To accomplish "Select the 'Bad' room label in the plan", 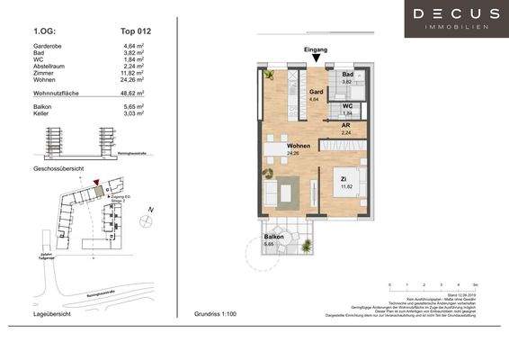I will coord(347,75).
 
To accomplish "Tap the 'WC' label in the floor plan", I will coord(347,106).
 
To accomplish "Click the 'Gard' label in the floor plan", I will coord(317,91).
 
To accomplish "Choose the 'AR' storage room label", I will coord(345,127).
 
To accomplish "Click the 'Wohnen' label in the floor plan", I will coord(299,145).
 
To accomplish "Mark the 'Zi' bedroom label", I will coord(343,179).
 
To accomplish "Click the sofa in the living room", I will coord(268,191).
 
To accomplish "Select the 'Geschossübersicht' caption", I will coord(58,168).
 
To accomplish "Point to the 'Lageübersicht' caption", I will coord(51,316).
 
